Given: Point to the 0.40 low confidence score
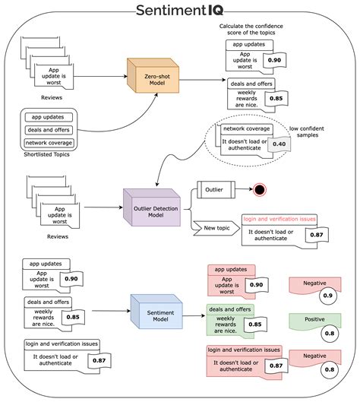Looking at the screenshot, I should (279, 144).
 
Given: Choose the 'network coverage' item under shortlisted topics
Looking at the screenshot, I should (49, 143).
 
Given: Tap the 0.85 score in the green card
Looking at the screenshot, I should (256, 324).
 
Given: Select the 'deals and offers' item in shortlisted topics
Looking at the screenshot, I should (49, 130).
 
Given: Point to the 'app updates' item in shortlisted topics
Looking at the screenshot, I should (49, 117).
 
